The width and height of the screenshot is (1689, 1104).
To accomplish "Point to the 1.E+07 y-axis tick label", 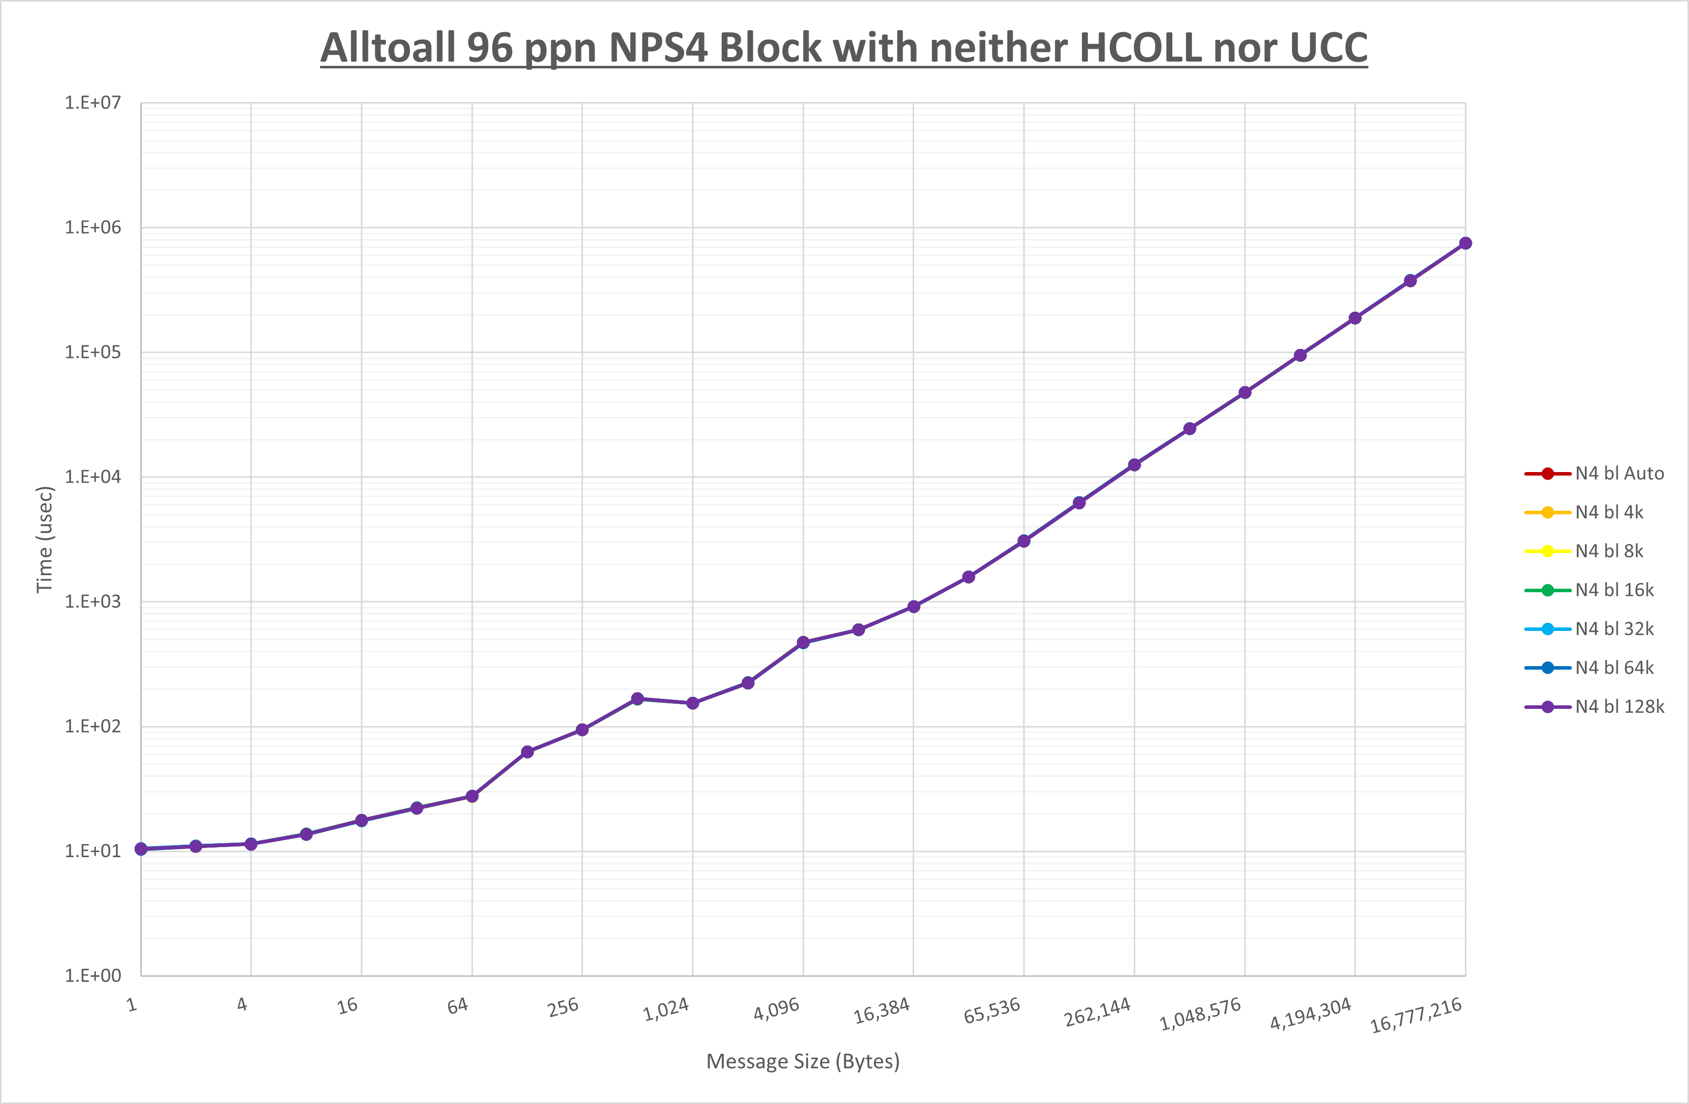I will [x=93, y=103].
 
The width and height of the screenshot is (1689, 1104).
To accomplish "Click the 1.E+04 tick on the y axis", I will [x=93, y=477].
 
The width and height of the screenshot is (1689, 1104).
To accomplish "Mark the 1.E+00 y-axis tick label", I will [x=93, y=975].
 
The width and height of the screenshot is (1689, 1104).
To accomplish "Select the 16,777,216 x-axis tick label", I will [x=1416, y=1015].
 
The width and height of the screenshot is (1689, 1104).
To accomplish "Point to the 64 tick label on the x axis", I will [x=458, y=1005].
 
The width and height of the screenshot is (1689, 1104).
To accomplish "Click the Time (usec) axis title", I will [x=45, y=539].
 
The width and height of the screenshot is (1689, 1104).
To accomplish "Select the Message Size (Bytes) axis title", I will [x=803, y=1061].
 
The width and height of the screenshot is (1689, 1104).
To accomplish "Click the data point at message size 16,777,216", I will [x=1465, y=243].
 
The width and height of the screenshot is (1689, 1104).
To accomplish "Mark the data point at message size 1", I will [x=141, y=849].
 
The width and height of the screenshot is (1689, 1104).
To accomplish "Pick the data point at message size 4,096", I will [x=803, y=642].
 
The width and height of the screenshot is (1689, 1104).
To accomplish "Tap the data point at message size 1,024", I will [x=692, y=703].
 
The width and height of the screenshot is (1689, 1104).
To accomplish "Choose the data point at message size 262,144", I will [x=1134, y=465].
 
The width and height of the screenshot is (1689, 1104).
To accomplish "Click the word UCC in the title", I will [x=1328, y=48].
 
